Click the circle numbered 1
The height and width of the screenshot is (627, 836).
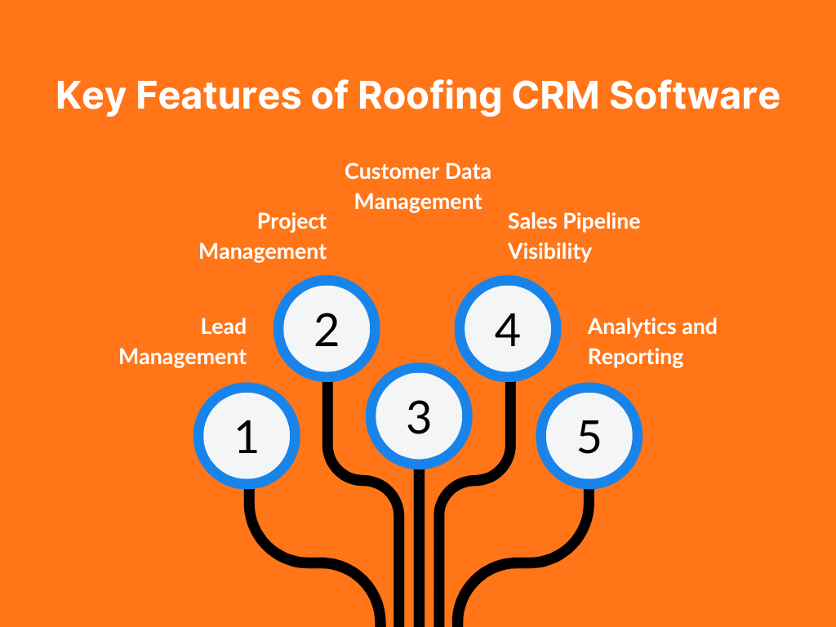pyautogui.click(x=247, y=436)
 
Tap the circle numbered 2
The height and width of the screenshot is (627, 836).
pyautogui.click(x=327, y=328)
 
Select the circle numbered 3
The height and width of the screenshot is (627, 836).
pyautogui.click(x=419, y=416)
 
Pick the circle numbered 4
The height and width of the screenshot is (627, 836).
pyautogui.click(x=507, y=328)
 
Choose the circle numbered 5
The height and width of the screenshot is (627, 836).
pyautogui.click(x=589, y=436)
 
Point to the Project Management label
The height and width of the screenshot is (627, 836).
pyautogui.click(x=264, y=236)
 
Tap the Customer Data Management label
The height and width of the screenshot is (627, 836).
pyautogui.click(x=418, y=186)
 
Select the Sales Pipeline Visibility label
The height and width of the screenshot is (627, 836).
pyautogui.click(x=573, y=236)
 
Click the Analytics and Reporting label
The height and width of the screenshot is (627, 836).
pyautogui.click(x=651, y=341)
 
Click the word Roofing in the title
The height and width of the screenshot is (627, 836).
pyautogui.click(x=429, y=96)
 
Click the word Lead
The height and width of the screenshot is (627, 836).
pyautogui.click(x=224, y=327)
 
